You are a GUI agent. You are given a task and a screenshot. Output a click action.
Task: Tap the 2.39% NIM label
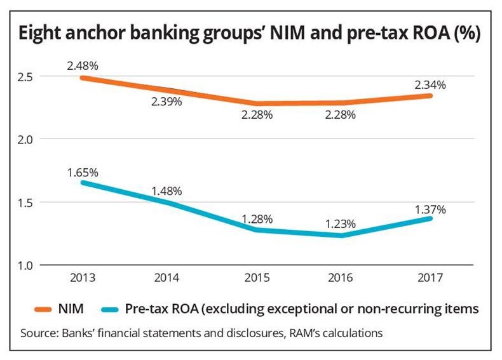tap(168, 102)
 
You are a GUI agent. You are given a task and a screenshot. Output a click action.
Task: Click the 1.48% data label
tap(168, 190)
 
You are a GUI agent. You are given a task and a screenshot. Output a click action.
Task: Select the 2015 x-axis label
tap(257, 278)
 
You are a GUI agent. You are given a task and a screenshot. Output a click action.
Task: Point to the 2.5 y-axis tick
tap(27, 77)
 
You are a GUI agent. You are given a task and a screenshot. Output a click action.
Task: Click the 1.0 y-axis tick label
tap(27, 264)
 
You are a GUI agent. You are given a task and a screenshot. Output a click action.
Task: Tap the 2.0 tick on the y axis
tap(27, 139)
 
